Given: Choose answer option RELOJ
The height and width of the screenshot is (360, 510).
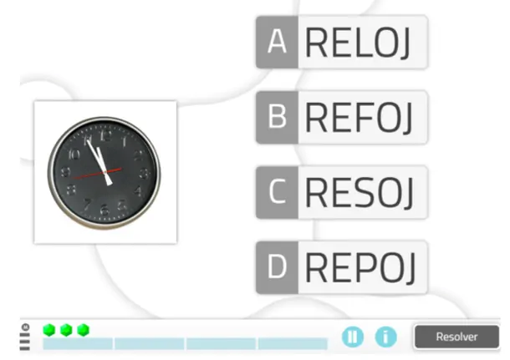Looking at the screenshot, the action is pyautogui.click(x=358, y=43).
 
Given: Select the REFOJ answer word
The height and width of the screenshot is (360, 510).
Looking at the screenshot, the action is pyautogui.click(x=359, y=117).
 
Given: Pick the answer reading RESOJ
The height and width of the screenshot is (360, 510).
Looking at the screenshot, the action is pyautogui.click(x=360, y=192).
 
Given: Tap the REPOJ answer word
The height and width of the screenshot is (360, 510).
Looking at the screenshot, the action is pyautogui.click(x=360, y=268).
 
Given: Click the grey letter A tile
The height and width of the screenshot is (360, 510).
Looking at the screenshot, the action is pyautogui.click(x=277, y=42).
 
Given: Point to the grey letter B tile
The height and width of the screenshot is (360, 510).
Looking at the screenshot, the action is pyautogui.click(x=277, y=117).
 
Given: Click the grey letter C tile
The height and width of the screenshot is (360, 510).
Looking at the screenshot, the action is pyautogui.click(x=277, y=192).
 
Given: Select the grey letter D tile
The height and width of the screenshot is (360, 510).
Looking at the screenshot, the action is pyautogui.click(x=277, y=267).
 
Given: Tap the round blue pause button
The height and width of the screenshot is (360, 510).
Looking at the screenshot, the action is pyautogui.click(x=353, y=337).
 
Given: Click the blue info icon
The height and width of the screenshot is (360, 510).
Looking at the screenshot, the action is pyautogui.click(x=385, y=337).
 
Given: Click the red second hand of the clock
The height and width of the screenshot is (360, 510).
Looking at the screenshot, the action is pyautogui.click(x=97, y=174).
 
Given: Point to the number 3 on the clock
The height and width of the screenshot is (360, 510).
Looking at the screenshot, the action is pyautogui.click(x=144, y=174).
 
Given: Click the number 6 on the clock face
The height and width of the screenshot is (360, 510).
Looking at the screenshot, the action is pyautogui.click(x=104, y=210).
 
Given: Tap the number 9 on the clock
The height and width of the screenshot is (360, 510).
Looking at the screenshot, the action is pyautogui.click(x=65, y=172).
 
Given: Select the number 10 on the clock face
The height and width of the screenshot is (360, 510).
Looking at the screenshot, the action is pyautogui.click(x=74, y=154).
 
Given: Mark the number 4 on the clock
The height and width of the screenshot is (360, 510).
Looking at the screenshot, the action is pyautogui.click(x=139, y=191).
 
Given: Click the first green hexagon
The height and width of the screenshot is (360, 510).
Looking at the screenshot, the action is pyautogui.click(x=49, y=330).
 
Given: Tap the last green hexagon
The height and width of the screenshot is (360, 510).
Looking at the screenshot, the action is pyautogui.click(x=84, y=330).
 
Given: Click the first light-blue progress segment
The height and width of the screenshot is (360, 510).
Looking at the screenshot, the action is pyautogui.click(x=78, y=344).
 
